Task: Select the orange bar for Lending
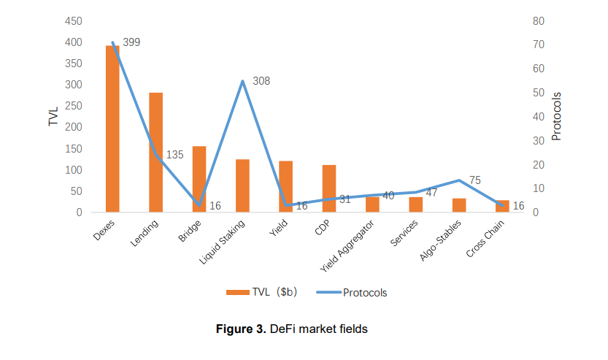155,153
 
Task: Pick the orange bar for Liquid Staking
242,185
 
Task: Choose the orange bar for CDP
329,188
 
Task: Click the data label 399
131,42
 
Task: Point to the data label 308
261,81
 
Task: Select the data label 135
174,155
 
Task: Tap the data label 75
475,180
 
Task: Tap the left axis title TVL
53,117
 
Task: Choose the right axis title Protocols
557,117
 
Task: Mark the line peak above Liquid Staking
242,81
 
